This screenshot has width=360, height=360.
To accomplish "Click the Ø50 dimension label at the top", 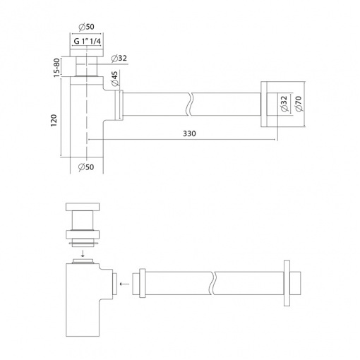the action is coord(86,27).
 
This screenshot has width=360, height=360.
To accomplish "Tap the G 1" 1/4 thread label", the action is coord(87,41).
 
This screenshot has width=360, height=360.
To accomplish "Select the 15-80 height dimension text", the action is coord(56,68).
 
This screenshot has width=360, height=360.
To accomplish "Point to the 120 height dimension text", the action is coord(54,121).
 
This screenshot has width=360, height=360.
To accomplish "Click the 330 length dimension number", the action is coord(189,133).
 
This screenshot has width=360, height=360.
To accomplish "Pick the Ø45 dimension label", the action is coord(114,79).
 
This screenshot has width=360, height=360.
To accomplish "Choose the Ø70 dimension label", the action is coord(299,104).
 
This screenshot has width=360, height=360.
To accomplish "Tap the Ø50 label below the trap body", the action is coord(86,167).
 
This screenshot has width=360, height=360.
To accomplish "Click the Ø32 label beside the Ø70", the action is coord(284,104).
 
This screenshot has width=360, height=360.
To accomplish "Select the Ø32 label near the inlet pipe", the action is coord(119,58).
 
